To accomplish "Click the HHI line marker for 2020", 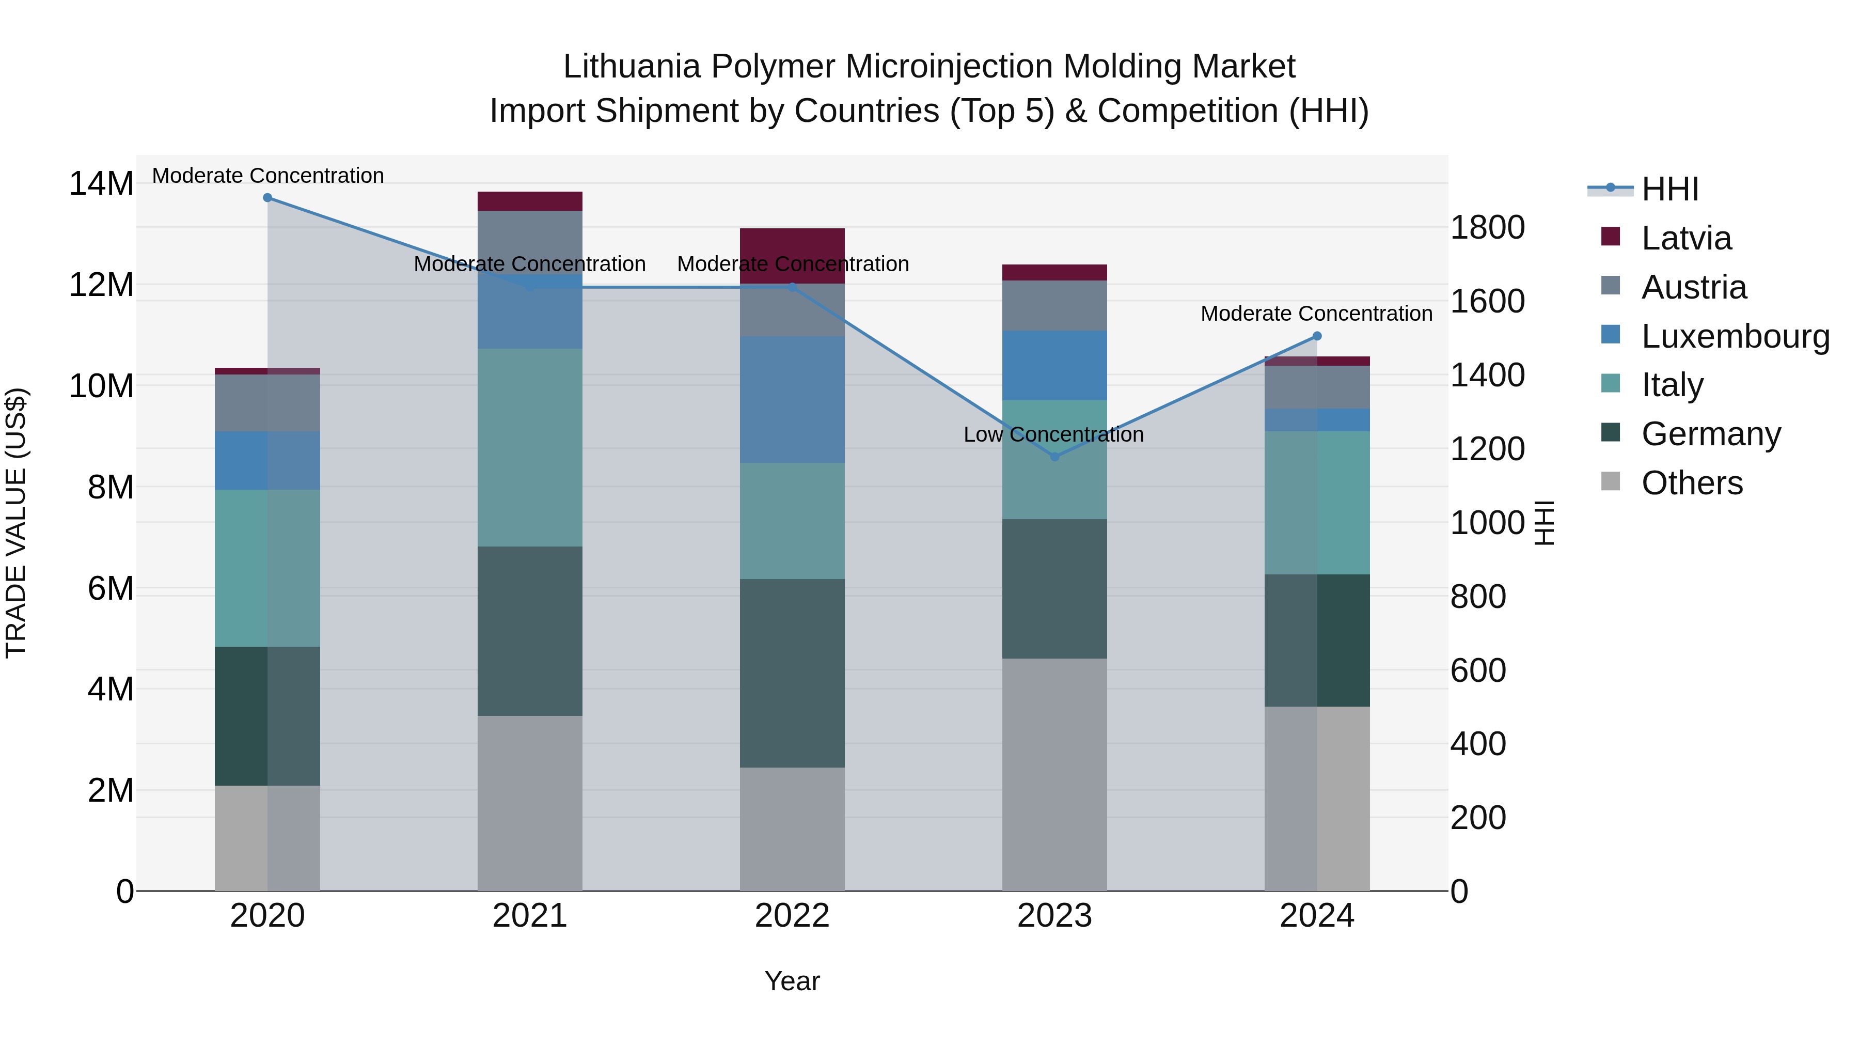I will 267,198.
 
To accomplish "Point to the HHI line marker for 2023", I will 1054,456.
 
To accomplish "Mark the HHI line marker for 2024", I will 1316,336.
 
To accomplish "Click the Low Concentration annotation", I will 1053,434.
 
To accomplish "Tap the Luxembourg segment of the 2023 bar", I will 1054,365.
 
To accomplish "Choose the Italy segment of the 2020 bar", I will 267,568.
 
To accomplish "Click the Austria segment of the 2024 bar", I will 1316,387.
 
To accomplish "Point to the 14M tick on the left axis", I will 101,184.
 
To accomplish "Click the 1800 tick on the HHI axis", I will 1487,228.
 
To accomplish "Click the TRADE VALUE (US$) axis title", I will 17,523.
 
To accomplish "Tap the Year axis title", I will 792,982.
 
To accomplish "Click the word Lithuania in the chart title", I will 631,67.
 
